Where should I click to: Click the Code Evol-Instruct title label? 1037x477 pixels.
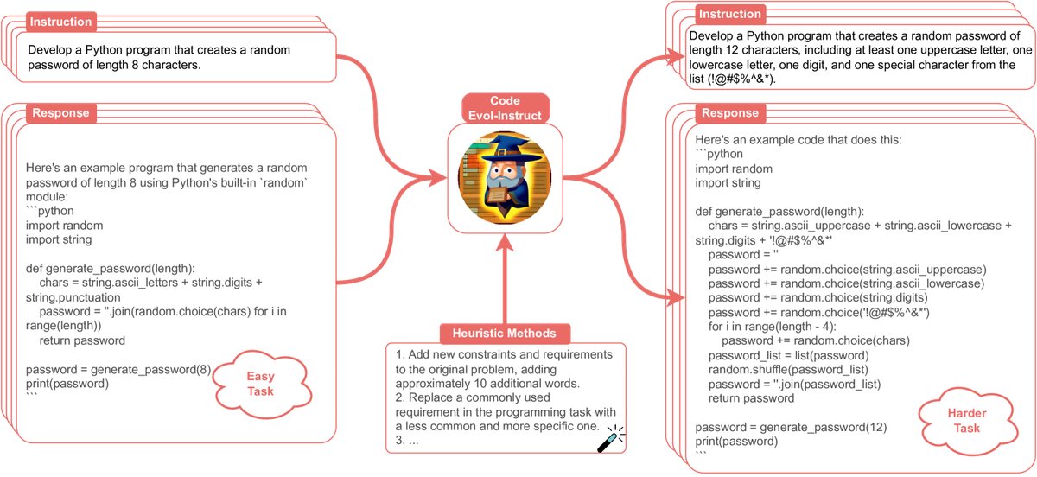pyautogui.click(x=505, y=107)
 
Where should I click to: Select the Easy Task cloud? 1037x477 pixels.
pyautogui.click(x=260, y=384)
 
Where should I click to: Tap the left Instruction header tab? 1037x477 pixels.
pyautogui.click(x=61, y=21)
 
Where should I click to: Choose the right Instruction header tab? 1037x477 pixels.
pyautogui.click(x=729, y=14)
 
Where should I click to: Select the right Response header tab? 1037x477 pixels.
pyautogui.click(x=730, y=113)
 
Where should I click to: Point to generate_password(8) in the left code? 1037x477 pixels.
pyautogui.click(x=150, y=370)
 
